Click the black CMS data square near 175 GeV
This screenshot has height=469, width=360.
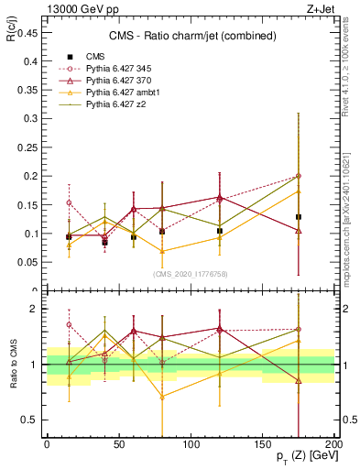coord(299,217)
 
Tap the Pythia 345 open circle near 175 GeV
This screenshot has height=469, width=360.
coord(299,176)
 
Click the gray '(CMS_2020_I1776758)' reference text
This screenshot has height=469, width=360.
coord(190,273)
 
